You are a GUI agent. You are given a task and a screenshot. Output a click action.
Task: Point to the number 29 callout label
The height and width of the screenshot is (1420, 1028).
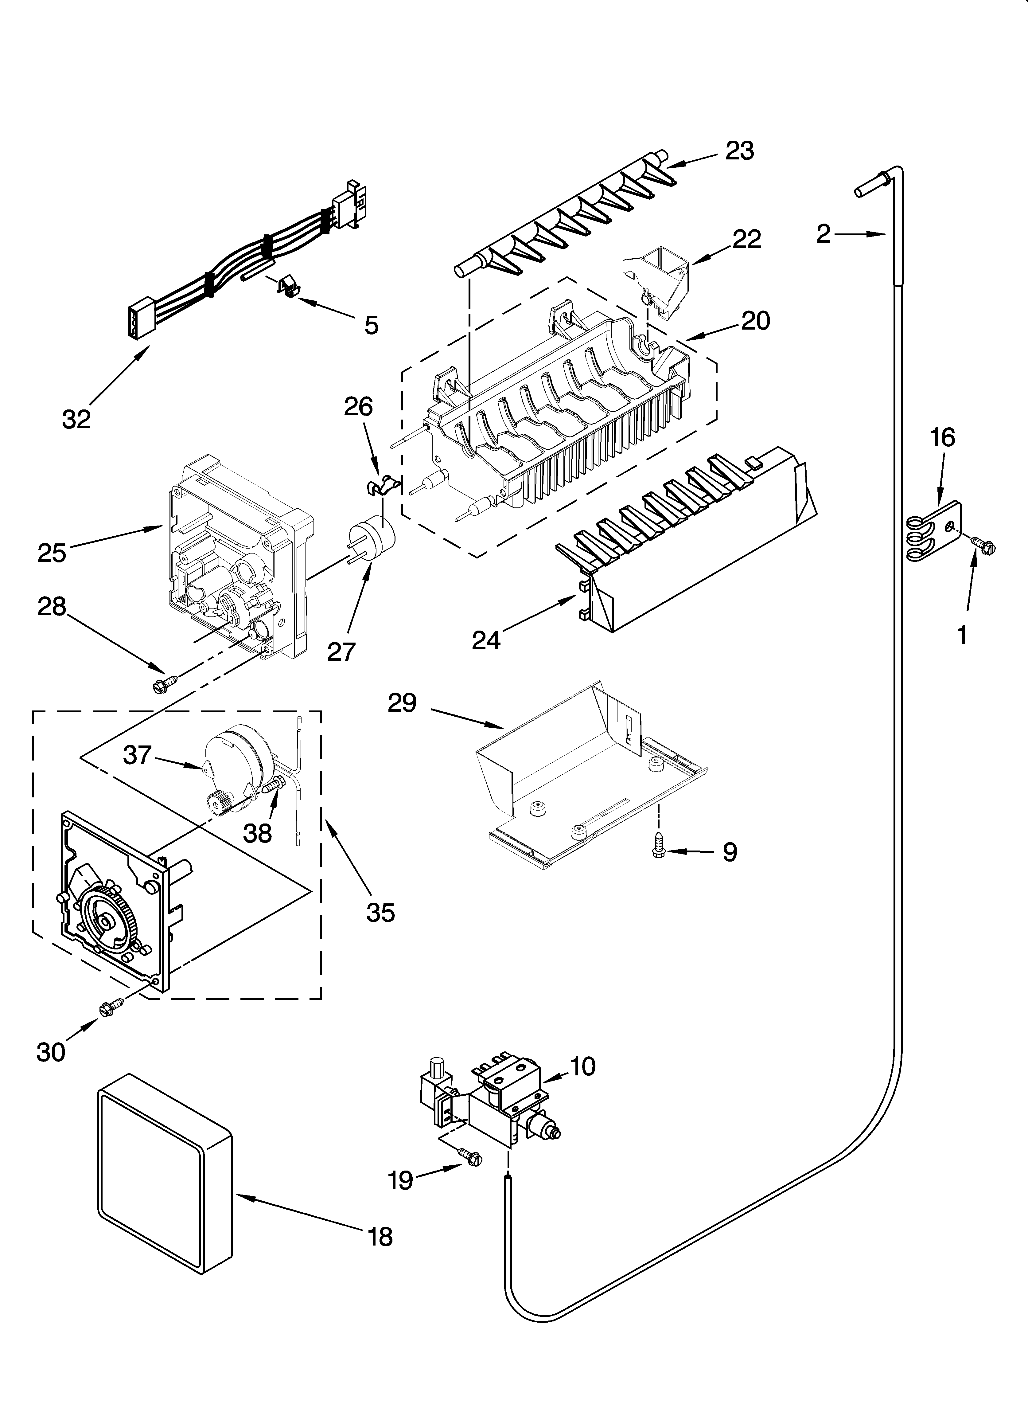click(x=402, y=703)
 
